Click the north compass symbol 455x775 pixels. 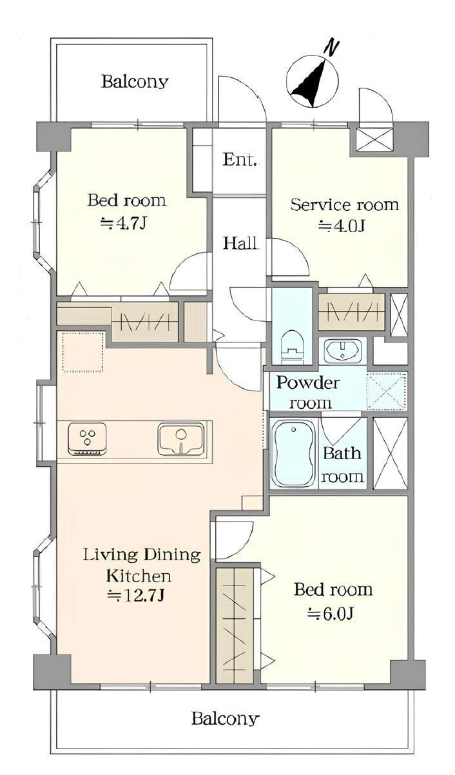coord(313,80)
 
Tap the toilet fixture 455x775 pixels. coord(291,346)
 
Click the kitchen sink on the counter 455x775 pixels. coord(180,438)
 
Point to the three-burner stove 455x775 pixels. coord(87,438)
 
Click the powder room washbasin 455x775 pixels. coord(343,350)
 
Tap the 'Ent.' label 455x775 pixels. coord(240,159)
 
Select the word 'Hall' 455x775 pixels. coord(240,243)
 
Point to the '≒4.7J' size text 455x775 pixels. coord(124,224)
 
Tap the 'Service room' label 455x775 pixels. coord(344,205)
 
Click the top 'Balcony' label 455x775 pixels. coord(135,82)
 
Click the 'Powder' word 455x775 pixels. coord(308,382)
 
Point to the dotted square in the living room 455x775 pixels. coord(83,352)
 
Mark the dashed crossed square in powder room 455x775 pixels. coord(387,391)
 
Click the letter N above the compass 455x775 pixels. coord(331,47)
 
